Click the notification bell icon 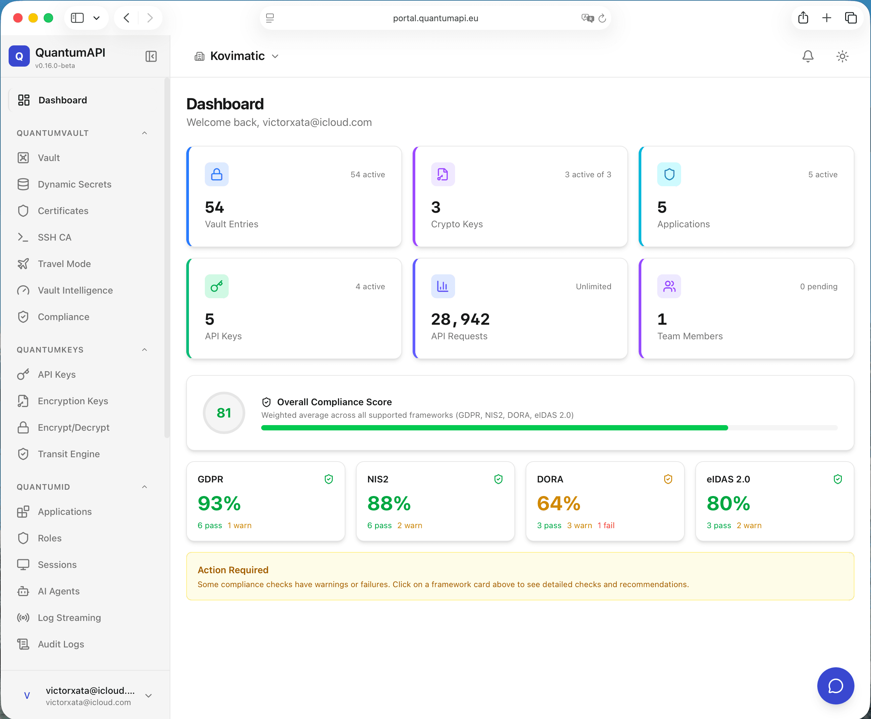pyautogui.click(x=808, y=56)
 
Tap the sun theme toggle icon pyautogui.click(x=842, y=56)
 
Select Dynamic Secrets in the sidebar pyautogui.click(x=75, y=184)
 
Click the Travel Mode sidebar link pyautogui.click(x=64, y=264)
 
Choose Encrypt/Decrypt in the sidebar pyautogui.click(x=73, y=427)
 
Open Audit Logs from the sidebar pyautogui.click(x=61, y=644)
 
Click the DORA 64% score pyautogui.click(x=558, y=503)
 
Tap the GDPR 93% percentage pyautogui.click(x=219, y=503)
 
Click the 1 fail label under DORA pyautogui.click(x=606, y=525)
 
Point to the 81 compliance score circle pyautogui.click(x=224, y=413)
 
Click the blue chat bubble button pyautogui.click(x=836, y=686)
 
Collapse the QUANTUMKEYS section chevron pyautogui.click(x=145, y=350)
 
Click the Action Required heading pyautogui.click(x=233, y=570)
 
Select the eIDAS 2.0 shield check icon pyautogui.click(x=838, y=479)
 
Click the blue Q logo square pyautogui.click(x=19, y=56)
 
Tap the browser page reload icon pyautogui.click(x=602, y=18)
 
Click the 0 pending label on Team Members pyautogui.click(x=818, y=286)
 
